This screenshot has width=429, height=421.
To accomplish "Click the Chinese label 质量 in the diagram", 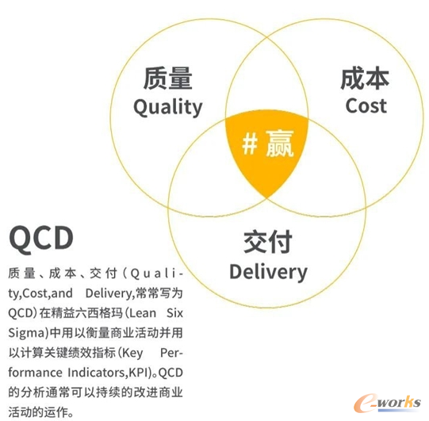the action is pos(168,78).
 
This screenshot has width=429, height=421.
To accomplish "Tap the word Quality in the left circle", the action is pos(168,107).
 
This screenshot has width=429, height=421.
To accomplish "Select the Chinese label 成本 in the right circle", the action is pos(365,78).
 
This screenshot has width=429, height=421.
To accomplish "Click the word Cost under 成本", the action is pos(366,106).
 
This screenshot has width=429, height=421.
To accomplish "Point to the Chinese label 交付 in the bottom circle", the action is pos(268,242).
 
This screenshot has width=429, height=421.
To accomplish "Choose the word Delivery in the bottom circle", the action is pos(268,272).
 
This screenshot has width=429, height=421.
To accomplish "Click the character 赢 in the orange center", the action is pos(279,144).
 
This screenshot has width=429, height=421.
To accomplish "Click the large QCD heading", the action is pos(41,238).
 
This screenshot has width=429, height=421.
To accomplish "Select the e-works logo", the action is pos(387,404).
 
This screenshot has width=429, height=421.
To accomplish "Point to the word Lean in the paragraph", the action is pos(142,313).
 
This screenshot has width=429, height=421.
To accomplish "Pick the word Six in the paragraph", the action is pos(174,313).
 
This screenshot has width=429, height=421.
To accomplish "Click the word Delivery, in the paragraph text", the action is pos(109,293).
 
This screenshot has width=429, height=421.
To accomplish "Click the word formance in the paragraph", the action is pos(36,373).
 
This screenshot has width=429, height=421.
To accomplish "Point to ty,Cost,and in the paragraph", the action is pos(40,293).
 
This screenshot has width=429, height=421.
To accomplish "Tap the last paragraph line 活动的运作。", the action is pos(40,412).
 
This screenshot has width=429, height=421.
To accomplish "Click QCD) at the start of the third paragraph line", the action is pos(22,313).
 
